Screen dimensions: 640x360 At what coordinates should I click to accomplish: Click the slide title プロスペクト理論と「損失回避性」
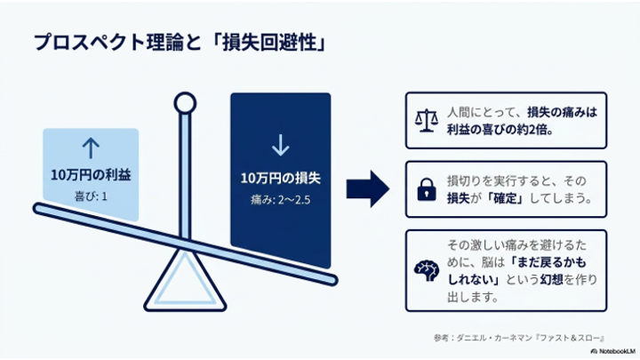click(x=180, y=43)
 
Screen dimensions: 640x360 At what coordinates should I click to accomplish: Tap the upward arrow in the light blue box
click(x=91, y=148)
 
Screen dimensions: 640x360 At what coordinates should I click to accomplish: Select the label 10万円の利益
click(x=91, y=175)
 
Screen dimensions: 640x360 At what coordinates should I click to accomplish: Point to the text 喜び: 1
click(x=91, y=196)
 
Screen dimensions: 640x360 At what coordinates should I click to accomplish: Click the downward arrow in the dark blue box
click(x=280, y=145)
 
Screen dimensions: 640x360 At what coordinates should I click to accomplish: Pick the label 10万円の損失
click(x=280, y=179)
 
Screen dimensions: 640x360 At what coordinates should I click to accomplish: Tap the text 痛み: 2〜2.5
click(x=280, y=200)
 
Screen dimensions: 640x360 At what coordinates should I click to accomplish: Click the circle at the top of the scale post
click(x=185, y=103)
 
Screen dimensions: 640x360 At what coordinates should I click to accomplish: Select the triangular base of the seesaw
click(x=185, y=281)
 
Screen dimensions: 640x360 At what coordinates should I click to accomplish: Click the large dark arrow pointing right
click(x=368, y=189)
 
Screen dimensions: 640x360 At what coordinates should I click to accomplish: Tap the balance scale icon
click(x=426, y=120)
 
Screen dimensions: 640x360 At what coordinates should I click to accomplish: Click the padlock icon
click(x=427, y=189)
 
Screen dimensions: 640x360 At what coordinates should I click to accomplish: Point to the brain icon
click(x=427, y=270)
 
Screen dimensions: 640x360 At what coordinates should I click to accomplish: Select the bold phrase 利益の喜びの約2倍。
click(x=500, y=130)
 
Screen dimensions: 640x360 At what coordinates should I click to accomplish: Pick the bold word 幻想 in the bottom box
click(x=551, y=280)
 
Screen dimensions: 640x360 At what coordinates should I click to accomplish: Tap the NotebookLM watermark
click(x=612, y=351)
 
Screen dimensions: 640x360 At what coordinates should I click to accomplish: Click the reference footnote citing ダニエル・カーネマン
click(x=519, y=338)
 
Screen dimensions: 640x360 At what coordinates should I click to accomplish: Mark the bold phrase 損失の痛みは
click(x=562, y=112)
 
